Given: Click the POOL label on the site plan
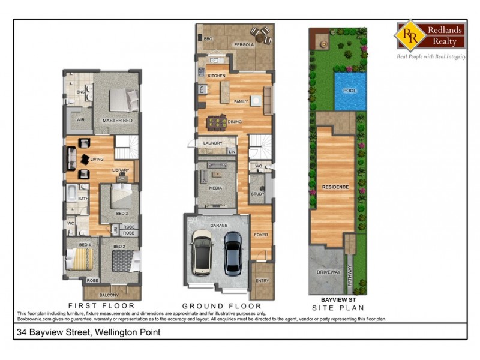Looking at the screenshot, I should [x=349, y=91].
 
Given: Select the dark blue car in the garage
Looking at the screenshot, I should [x=233, y=252].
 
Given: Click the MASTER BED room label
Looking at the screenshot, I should [x=117, y=121].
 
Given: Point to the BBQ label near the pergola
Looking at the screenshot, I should [x=208, y=39].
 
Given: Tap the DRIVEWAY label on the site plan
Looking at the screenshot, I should [x=328, y=272].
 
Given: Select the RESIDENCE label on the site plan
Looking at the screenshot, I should [x=335, y=187].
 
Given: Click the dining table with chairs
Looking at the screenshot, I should [x=217, y=122].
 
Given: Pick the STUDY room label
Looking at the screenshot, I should [x=258, y=194].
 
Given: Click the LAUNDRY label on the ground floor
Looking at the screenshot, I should [x=214, y=143].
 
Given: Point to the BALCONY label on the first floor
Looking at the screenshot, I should [x=109, y=295].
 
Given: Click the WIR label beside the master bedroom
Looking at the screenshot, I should [x=80, y=120].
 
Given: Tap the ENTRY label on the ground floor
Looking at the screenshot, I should [x=262, y=280].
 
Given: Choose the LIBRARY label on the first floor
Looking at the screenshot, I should [x=121, y=170].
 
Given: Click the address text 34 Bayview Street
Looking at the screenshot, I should [x=89, y=331].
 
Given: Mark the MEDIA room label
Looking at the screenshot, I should [x=215, y=188].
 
